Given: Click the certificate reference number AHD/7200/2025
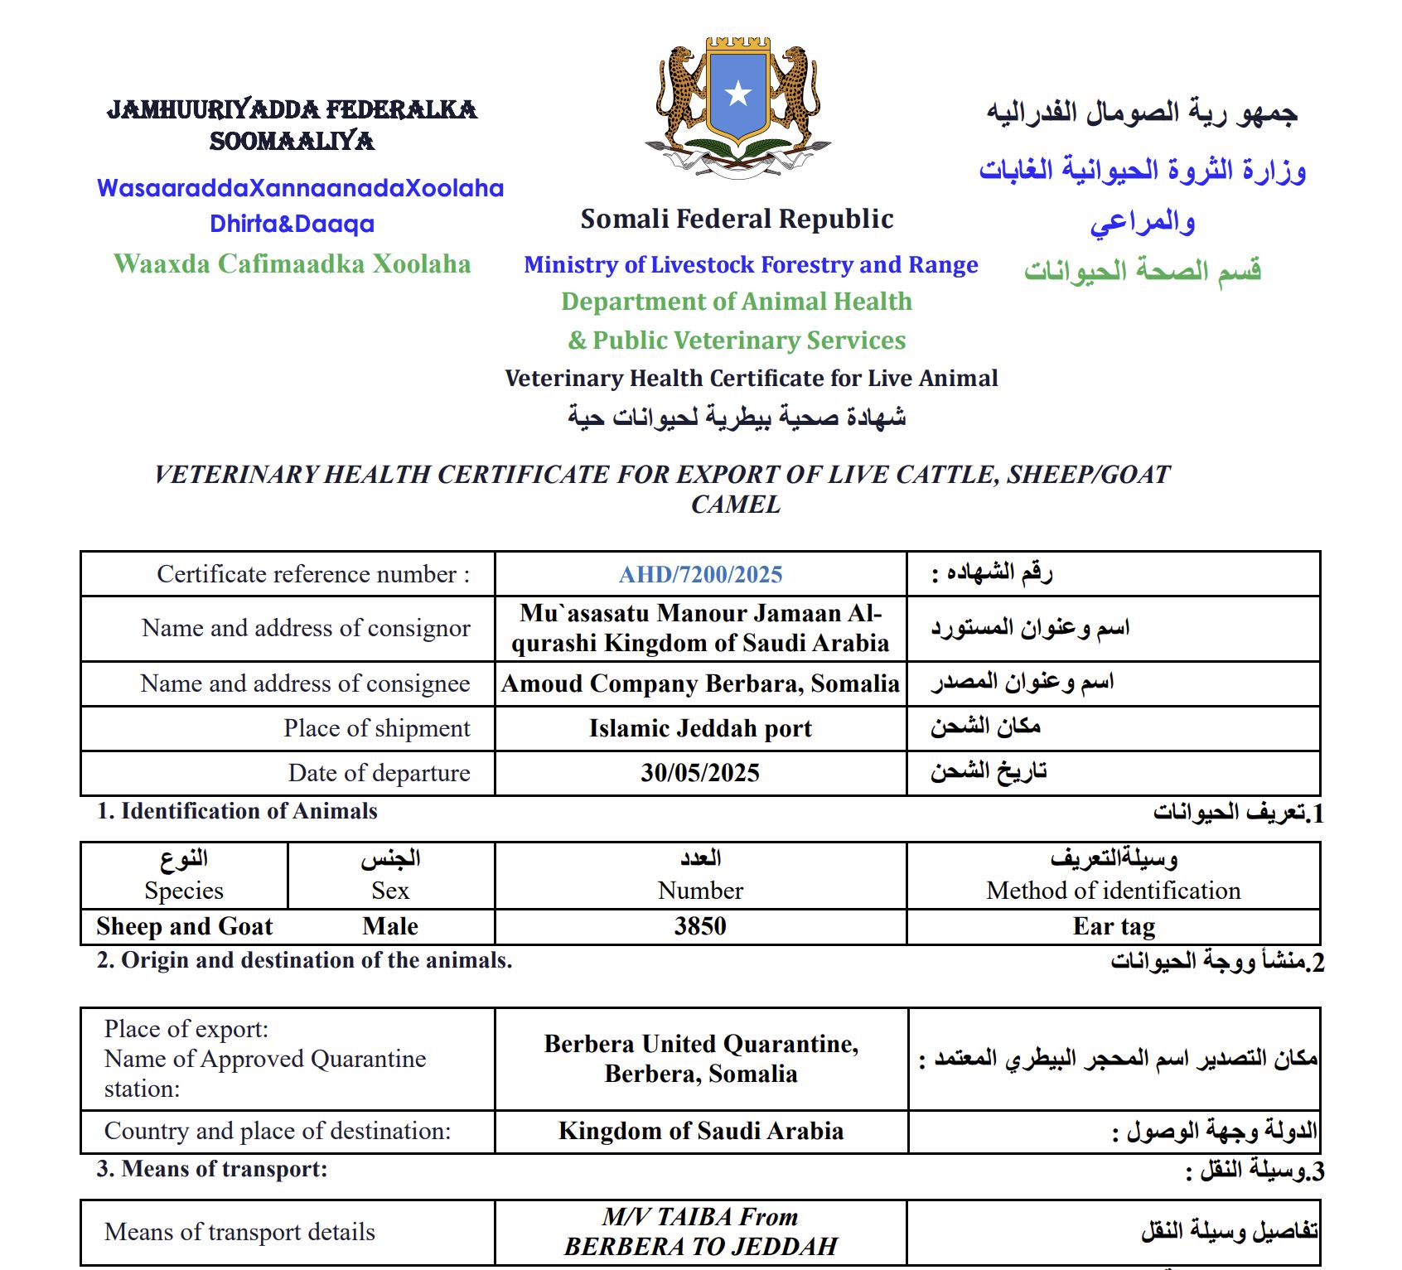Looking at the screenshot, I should coord(700,574).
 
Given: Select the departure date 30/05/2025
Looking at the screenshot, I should coord(700,773).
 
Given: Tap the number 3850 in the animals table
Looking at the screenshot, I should coord(700,926).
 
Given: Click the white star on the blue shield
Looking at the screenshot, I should coord(737,93).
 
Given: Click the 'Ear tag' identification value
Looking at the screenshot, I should coord(1114,926).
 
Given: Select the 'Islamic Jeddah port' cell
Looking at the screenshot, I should coord(700,728).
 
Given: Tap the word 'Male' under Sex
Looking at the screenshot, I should coord(390,926).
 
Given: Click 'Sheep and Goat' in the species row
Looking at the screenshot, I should coord(184,926).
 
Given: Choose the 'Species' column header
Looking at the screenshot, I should coord(184,891).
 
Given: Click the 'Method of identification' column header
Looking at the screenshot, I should coord(1114,891).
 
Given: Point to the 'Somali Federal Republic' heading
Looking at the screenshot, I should coord(737,219).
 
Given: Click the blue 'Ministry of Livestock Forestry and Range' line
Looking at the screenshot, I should coord(751,264).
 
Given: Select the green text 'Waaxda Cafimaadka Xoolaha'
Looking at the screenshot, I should coord(292,263).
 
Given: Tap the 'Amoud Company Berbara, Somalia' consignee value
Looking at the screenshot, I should coord(700,683).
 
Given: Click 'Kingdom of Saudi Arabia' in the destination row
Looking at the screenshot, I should coord(701,1131).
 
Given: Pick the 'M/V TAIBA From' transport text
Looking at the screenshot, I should coord(700,1217).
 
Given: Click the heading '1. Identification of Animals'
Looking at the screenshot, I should coord(237,811).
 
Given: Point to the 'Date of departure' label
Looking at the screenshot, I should coord(379,773).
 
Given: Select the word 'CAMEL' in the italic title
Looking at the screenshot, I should coord(736,505).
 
